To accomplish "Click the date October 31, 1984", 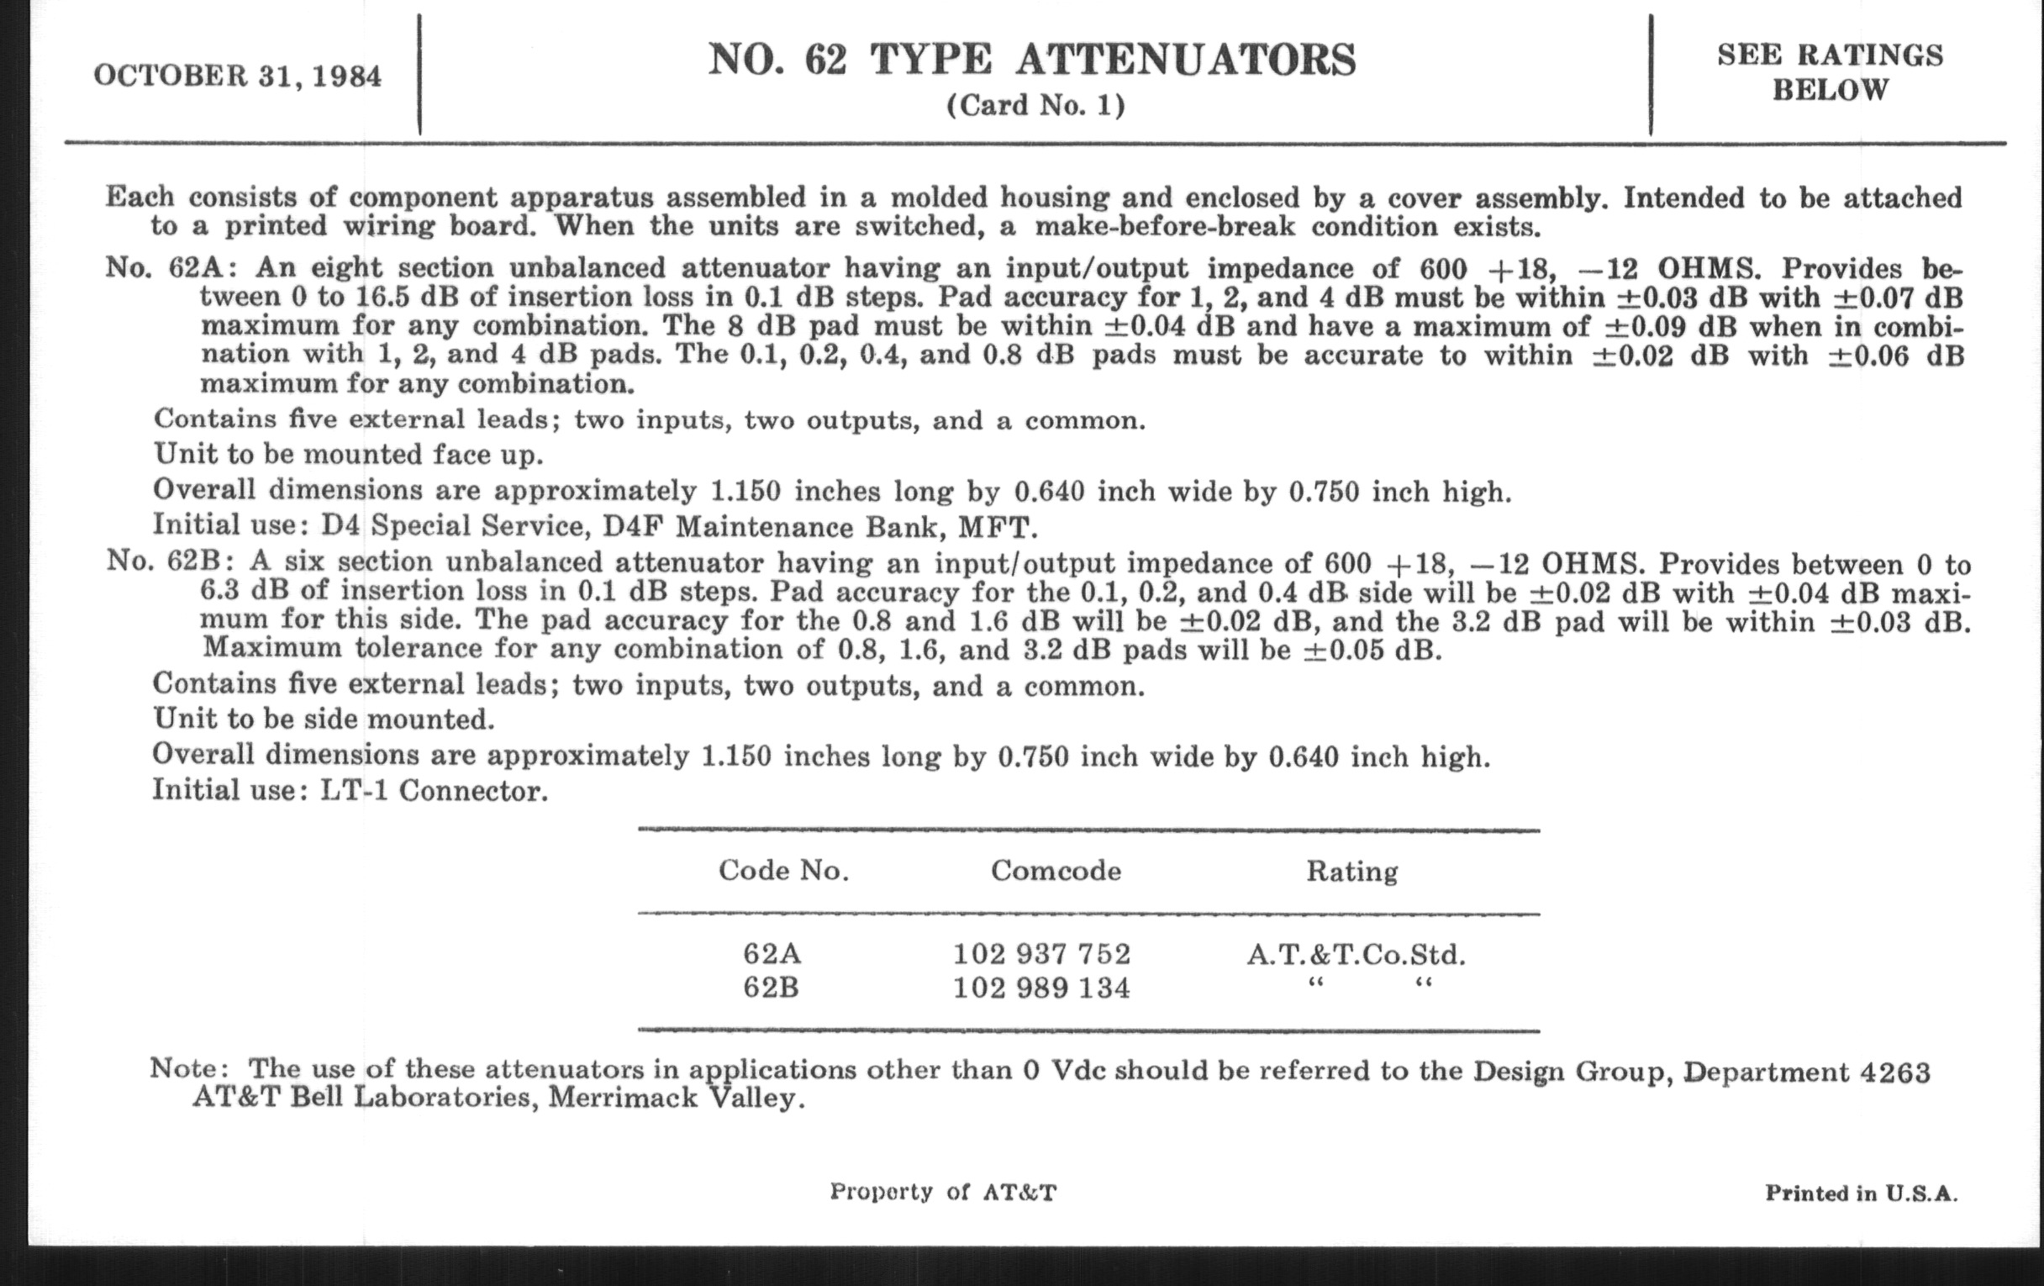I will click(x=238, y=76).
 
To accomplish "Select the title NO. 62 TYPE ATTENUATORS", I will click(x=1032, y=60).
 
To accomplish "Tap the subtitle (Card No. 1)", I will click(x=1035, y=105).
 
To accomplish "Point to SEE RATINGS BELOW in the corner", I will click(x=1830, y=72).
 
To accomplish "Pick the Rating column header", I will click(x=1352, y=871).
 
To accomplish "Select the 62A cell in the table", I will click(x=772, y=954).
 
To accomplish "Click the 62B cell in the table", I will click(x=771, y=988).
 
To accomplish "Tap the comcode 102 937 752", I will click(x=1041, y=954).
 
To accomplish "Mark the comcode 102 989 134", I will click(x=1041, y=988).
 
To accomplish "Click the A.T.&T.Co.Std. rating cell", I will click(x=1357, y=955).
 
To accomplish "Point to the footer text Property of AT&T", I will click(x=943, y=1192).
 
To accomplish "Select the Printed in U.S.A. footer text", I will click(x=1862, y=1193).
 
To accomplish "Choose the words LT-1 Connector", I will click(x=434, y=791).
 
